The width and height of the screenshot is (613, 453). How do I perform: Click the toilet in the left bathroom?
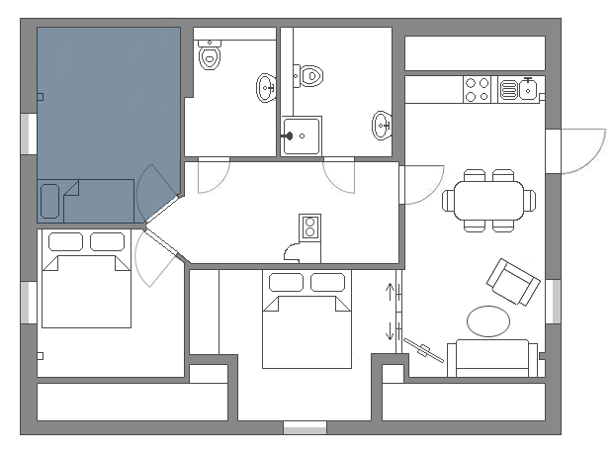(209, 56)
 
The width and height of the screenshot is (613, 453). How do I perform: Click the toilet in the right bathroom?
(309, 74)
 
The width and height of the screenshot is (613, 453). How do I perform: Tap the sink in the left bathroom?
(266, 88)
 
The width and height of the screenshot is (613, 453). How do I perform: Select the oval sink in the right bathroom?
(382, 125)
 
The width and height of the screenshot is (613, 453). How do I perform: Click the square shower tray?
(301, 136)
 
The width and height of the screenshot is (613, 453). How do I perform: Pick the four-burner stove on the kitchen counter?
(478, 89)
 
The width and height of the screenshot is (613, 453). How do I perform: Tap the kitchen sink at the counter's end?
(529, 89)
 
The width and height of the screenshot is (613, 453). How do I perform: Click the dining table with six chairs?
(488, 201)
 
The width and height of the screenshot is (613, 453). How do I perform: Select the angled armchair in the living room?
(513, 282)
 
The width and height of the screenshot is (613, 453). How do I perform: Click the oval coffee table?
(488, 320)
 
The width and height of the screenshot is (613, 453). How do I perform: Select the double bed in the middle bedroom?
(307, 318)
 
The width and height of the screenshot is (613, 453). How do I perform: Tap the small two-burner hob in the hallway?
(309, 227)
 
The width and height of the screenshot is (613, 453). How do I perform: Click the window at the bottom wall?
(305, 428)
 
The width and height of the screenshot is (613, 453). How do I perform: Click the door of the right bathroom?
(339, 174)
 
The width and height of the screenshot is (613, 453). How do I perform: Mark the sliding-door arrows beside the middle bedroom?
(390, 312)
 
